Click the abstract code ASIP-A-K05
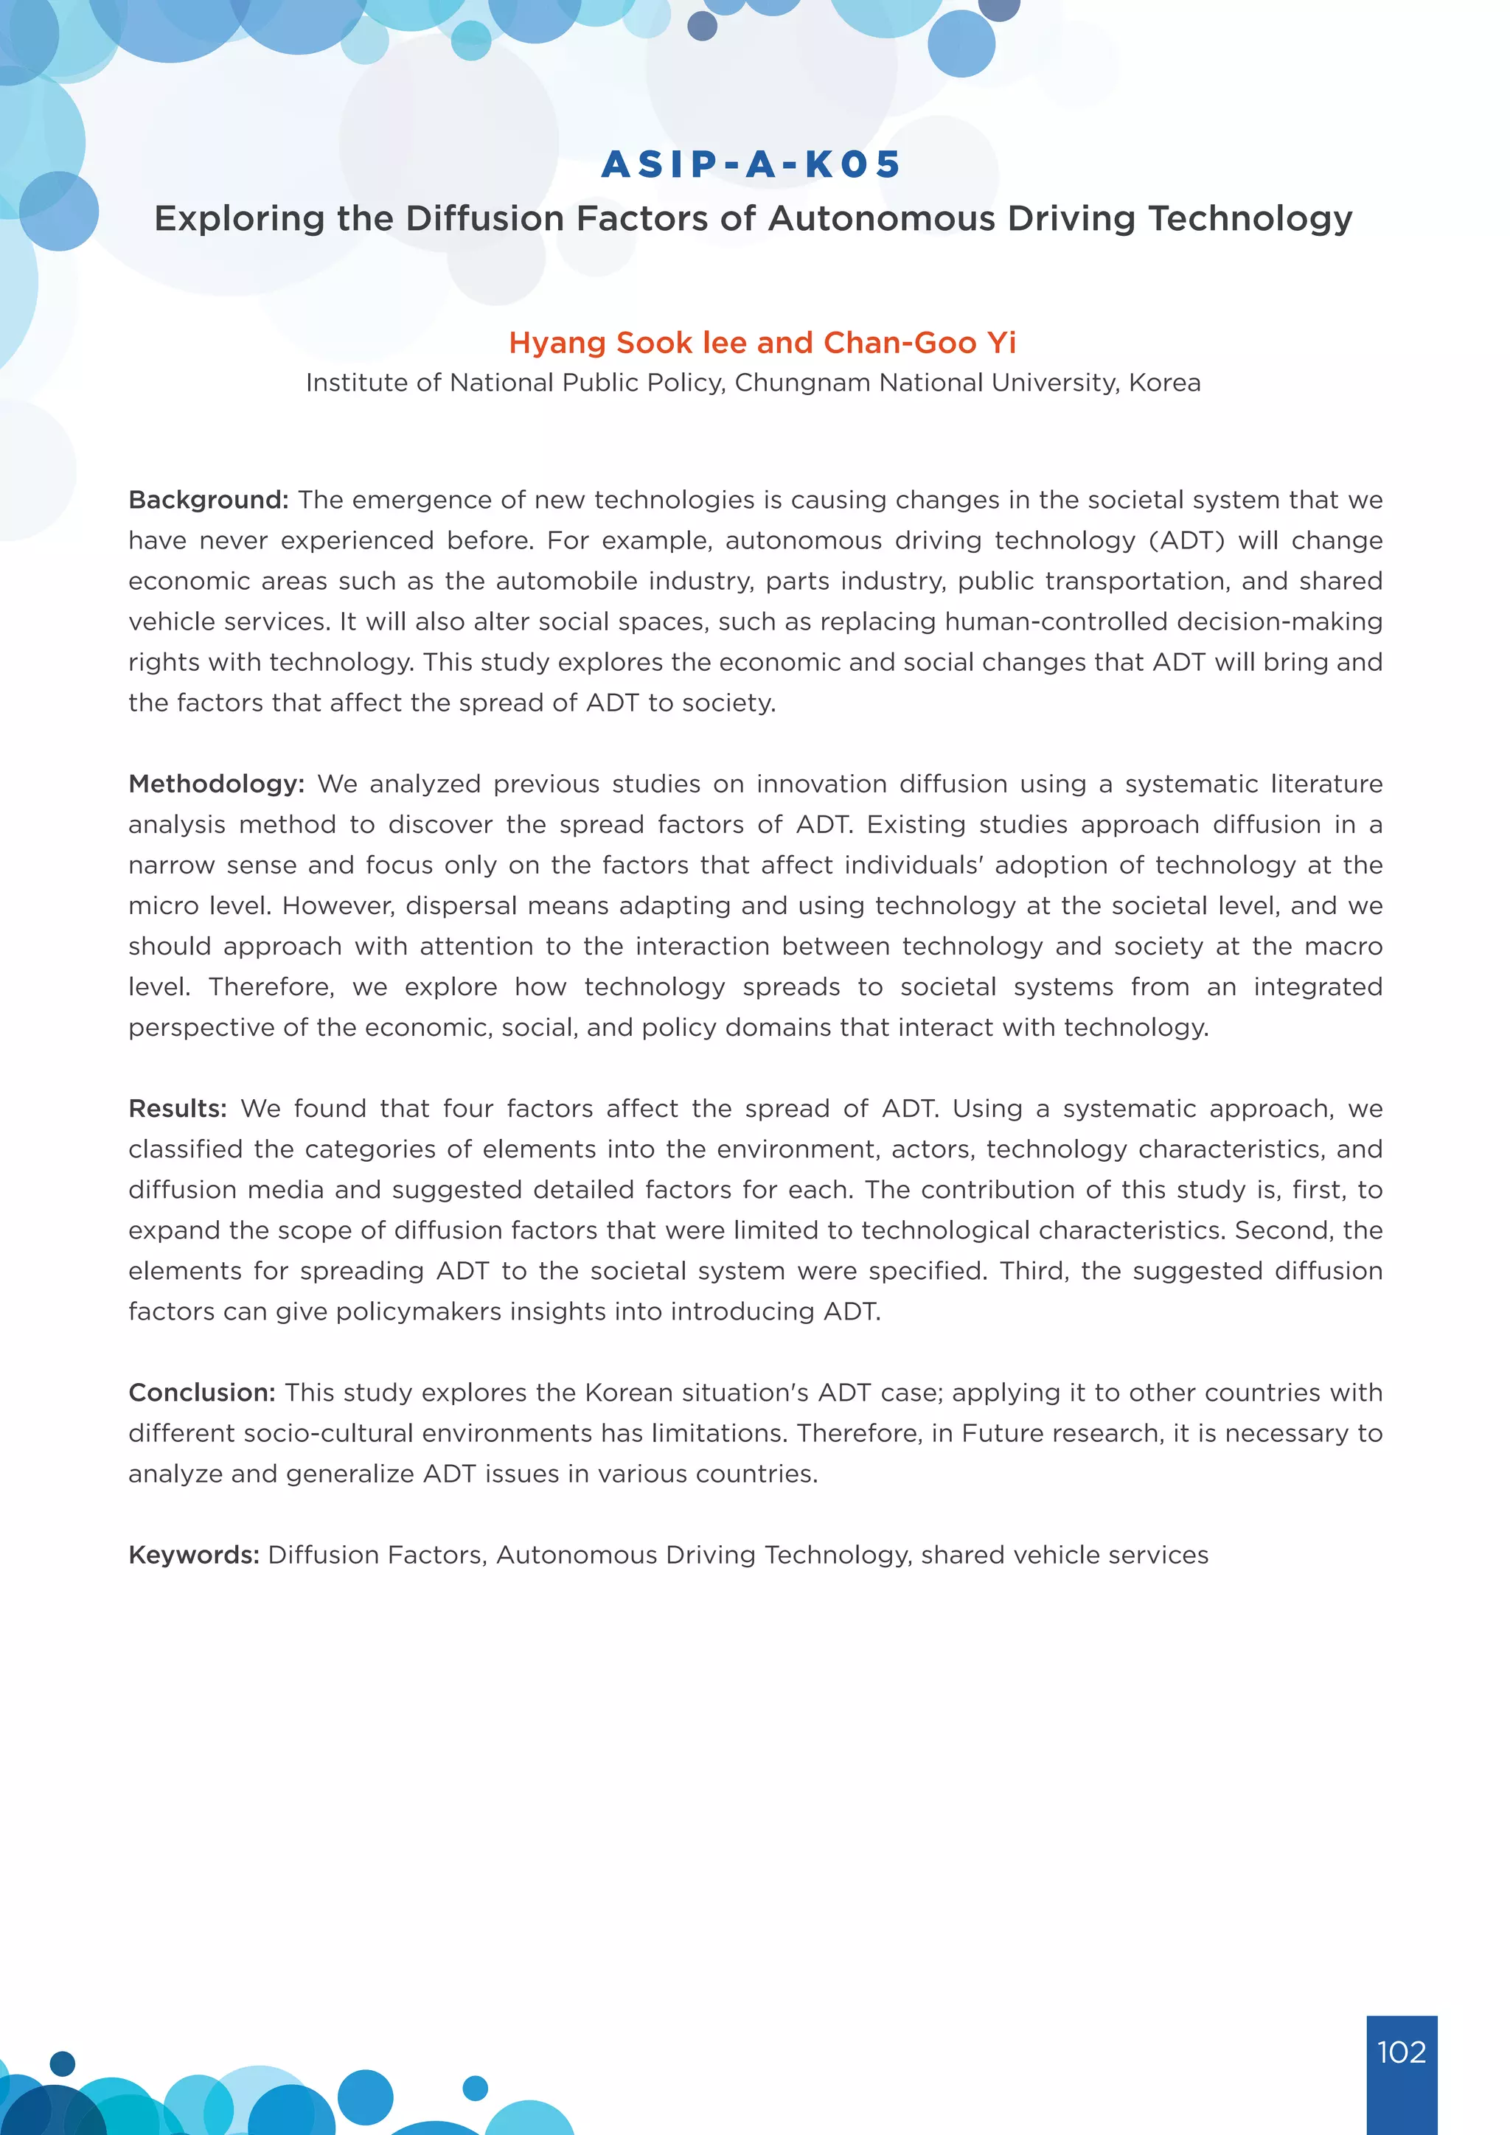751,164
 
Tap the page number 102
1401,2051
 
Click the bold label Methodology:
217,784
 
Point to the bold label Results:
178,1108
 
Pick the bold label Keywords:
193,1555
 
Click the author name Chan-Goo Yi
919,343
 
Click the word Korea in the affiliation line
1164,383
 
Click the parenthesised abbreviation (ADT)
1186,540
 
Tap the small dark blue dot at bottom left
62,2063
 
